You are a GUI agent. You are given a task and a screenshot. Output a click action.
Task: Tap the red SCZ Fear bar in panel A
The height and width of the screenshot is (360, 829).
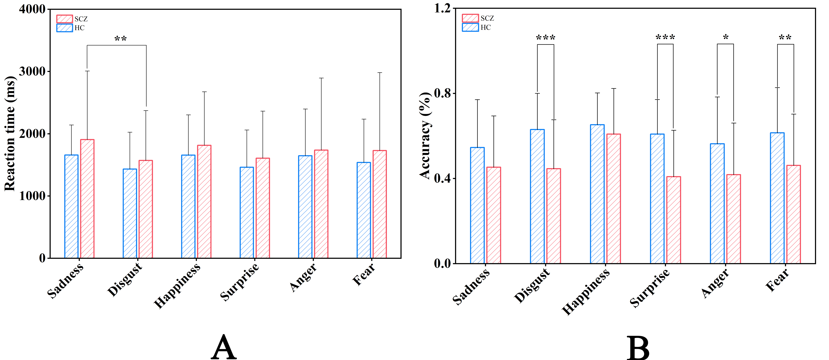[x=380, y=204]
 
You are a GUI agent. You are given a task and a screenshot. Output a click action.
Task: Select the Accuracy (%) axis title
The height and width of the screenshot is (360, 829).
[x=425, y=135]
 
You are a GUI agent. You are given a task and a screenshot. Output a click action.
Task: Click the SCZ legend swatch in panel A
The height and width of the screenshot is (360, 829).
[x=64, y=19]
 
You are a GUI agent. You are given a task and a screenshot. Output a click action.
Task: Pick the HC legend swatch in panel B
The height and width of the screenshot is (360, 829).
[x=470, y=27]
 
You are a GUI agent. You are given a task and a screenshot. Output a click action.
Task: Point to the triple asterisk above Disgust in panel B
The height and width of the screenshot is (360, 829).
[x=545, y=38]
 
